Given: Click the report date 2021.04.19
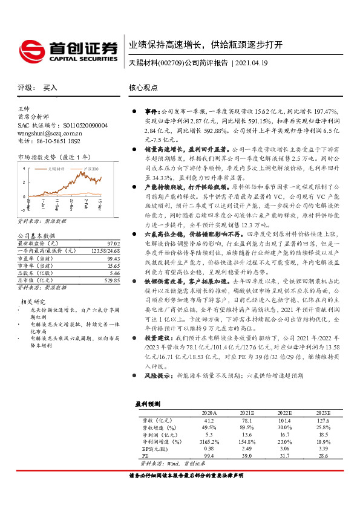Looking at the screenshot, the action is pyautogui.click(x=252, y=62).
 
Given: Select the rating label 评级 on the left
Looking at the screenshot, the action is pyautogui.click(x=25, y=88).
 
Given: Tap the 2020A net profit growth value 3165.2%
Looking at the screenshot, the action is pyautogui.click(x=208, y=442).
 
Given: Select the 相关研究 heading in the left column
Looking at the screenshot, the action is pyautogui.click(x=33, y=300).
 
